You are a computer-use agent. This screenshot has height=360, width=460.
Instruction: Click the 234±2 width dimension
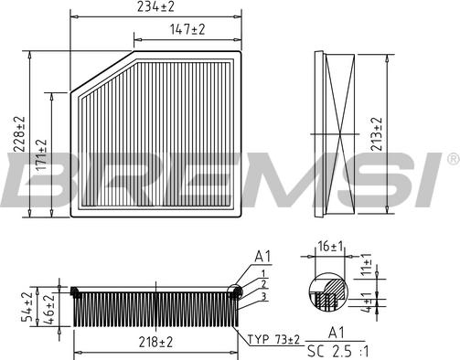(x=155, y=6)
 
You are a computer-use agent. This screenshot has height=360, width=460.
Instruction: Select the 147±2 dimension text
(x=187, y=29)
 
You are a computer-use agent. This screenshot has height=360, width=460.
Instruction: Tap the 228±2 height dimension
(x=20, y=134)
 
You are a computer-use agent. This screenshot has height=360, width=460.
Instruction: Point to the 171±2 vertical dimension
(x=41, y=154)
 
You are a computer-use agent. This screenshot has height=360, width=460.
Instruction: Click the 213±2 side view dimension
(x=377, y=134)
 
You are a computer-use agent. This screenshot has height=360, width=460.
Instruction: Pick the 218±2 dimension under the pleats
(x=155, y=342)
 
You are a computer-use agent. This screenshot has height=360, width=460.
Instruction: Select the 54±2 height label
(x=27, y=306)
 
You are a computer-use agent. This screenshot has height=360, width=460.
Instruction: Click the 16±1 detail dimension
(x=330, y=246)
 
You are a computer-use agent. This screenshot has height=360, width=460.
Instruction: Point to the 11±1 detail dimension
(x=367, y=264)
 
